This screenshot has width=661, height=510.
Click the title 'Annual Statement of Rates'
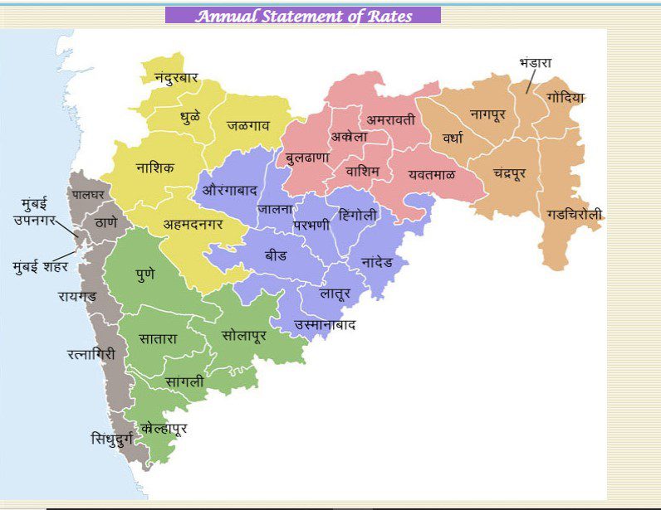pos(303,16)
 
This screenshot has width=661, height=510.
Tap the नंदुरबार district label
pos(176,78)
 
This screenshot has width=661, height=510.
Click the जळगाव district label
pos(250,126)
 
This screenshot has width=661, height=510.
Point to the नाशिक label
pos(155,168)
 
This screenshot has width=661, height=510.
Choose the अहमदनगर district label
pos(193,224)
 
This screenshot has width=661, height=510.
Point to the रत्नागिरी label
pos(91,354)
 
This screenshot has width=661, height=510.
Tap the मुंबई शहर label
pos(41,267)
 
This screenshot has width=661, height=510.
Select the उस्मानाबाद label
pos(325,324)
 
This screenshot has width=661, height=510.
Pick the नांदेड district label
pos(384,261)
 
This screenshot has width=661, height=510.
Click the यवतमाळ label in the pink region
pos(431,175)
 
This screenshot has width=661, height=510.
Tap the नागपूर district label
pos(487,114)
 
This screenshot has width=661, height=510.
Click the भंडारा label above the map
pos(536,63)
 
